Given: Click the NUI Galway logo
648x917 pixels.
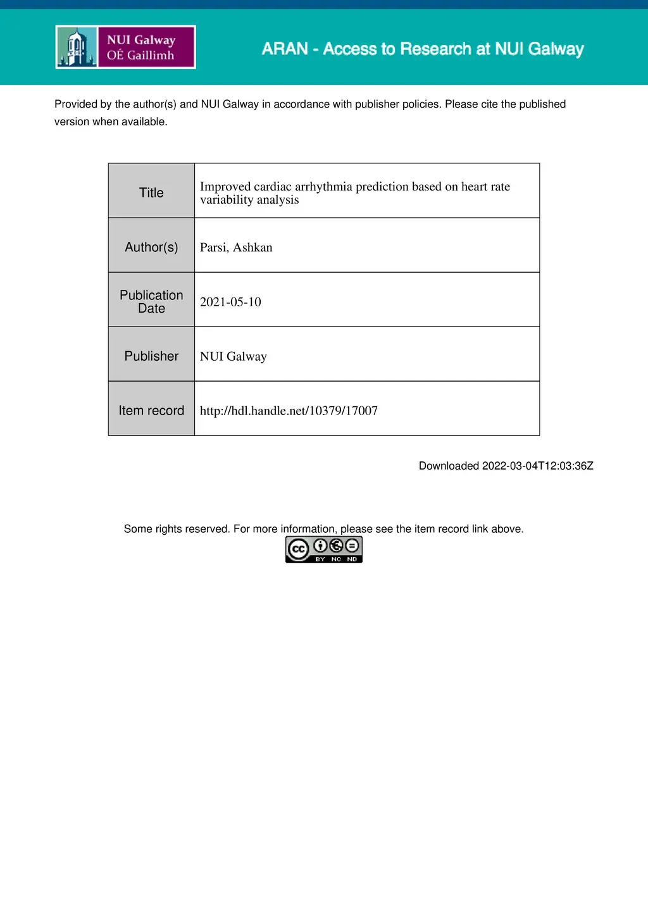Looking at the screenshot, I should point(125,47).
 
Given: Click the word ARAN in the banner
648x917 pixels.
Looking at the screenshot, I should point(285,49).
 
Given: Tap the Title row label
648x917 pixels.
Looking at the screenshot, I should point(151,192).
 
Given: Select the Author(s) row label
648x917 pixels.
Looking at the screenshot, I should point(151,247).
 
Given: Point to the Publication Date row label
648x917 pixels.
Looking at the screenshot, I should point(151,301).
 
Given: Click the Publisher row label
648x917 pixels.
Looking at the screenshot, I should point(151,356).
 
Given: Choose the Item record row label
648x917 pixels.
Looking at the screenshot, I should point(151,410).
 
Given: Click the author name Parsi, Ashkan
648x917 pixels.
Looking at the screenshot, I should point(236,247).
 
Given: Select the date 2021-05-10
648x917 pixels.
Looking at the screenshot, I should point(230,302).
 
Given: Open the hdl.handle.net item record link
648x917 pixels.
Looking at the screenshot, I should point(289,411).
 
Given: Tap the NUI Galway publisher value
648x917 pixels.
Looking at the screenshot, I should point(233,356).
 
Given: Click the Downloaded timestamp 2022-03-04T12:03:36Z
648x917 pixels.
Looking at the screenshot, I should point(537,466).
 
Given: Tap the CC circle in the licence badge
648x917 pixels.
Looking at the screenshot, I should point(298,549).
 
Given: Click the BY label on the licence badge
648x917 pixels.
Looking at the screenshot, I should point(320,559).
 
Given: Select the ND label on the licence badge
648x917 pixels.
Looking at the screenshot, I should point(352,559).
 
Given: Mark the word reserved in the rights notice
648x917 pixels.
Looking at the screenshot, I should point(206,529).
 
